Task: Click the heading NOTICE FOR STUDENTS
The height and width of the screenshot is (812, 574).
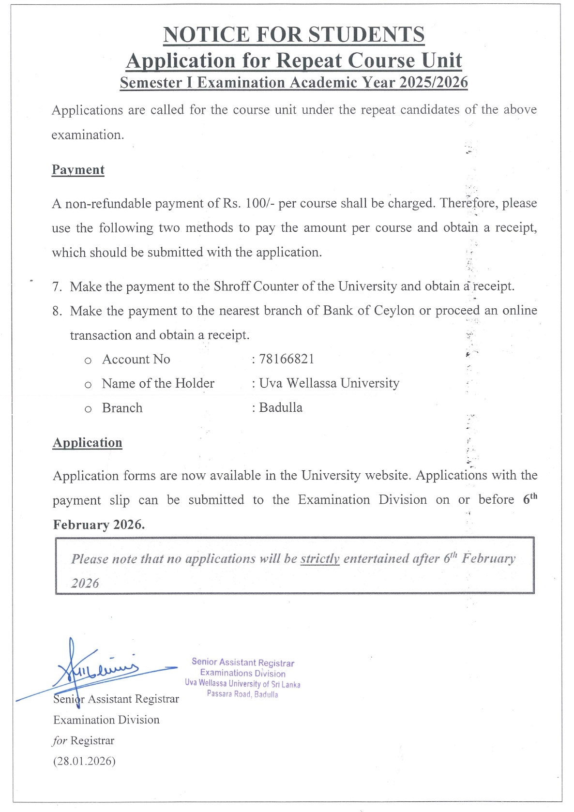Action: tap(294, 35)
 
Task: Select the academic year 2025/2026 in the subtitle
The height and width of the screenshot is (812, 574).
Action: tap(434, 82)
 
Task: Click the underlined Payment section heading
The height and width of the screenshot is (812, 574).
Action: tap(78, 170)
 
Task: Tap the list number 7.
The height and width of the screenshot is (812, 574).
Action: tap(57, 287)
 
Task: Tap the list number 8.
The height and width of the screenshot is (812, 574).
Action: tap(57, 311)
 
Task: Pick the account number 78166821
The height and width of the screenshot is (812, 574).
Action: tap(287, 359)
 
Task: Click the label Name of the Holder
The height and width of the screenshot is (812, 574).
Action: tap(158, 384)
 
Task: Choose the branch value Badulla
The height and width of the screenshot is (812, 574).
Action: tap(281, 408)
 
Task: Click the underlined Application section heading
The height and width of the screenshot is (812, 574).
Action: tap(87, 443)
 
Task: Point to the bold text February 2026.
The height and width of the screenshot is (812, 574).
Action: tap(99, 525)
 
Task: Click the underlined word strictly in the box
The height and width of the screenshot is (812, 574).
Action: tap(320, 559)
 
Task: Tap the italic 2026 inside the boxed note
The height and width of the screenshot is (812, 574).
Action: tap(85, 583)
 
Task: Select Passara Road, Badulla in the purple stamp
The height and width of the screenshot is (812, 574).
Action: tap(242, 694)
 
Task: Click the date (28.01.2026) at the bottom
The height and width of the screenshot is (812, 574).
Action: tap(84, 761)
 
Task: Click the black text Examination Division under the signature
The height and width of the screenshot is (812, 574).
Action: tap(106, 720)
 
